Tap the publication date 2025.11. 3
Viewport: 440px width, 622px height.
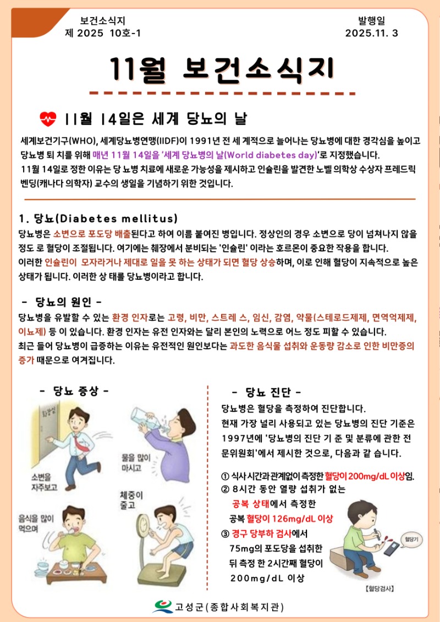(371, 33)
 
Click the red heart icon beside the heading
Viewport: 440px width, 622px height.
(49, 118)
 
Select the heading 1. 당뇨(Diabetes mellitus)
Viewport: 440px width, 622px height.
(98, 217)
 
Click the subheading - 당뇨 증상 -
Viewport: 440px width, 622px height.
(74, 391)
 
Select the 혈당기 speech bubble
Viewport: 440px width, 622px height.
(411, 540)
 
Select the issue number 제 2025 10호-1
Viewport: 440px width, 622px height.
(103, 33)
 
